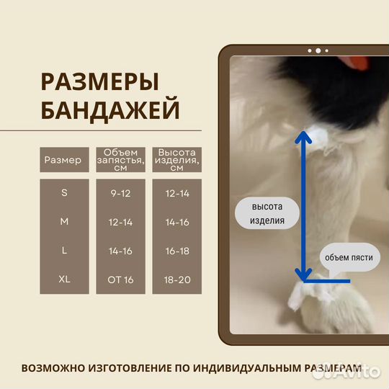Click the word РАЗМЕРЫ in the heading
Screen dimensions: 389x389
click(x=99, y=81)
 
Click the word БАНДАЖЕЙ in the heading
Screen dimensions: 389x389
click(x=110, y=111)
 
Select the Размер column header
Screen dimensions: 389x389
click(x=63, y=160)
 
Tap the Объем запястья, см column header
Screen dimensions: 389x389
click(x=120, y=160)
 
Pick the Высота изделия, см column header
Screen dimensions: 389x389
click(x=176, y=160)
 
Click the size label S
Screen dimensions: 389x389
click(x=64, y=193)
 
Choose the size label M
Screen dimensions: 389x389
click(x=64, y=222)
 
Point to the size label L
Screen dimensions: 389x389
click(x=64, y=250)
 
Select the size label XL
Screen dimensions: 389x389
click(x=64, y=279)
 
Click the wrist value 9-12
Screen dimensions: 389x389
click(x=120, y=193)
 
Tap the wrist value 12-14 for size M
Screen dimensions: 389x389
click(x=120, y=222)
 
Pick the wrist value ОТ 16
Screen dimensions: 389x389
click(x=120, y=279)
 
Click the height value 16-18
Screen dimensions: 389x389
click(x=176, y=250)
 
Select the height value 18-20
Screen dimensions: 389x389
click(x=176, y=279)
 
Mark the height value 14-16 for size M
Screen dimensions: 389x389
click(x=176, y=222)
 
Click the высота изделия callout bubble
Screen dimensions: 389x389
click(x=267, y=213)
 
